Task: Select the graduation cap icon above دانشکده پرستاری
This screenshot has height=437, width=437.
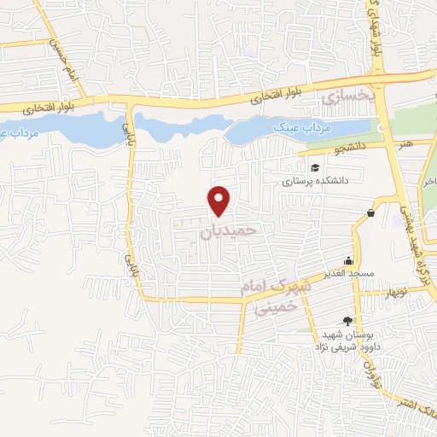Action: click(x=315, y=168)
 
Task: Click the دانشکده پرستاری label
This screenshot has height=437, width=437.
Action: click(x=316, y=182)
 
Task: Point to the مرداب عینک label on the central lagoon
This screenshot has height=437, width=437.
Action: click(x=306, y=128)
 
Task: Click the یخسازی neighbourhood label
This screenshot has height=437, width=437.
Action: click(x=348, y=99)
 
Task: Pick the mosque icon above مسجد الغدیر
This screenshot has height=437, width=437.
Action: click(x=348, y=261)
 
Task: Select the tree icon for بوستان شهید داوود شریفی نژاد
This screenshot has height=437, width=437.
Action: click(x=347, y=321)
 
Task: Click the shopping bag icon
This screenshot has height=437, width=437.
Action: click(x=370, y=213)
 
